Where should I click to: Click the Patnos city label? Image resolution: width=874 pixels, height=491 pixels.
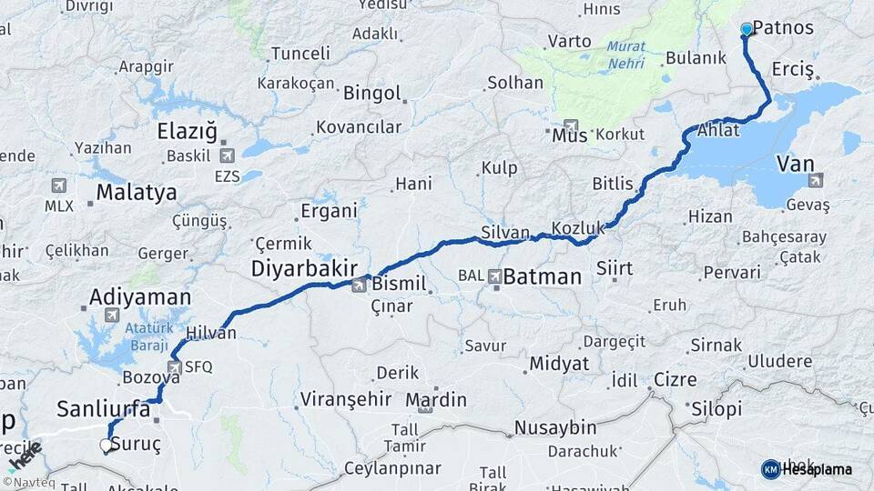coord(783,27)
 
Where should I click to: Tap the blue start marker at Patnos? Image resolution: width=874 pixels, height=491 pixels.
coord(747,29)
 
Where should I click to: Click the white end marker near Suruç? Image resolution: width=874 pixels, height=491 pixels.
coord(106,446)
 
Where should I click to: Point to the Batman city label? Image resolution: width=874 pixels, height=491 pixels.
coord(543,276)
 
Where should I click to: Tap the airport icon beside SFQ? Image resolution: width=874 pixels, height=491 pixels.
coord(174,367)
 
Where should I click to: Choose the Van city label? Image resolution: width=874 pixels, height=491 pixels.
coord(795,164)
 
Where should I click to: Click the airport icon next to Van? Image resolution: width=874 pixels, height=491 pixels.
coord(815,180)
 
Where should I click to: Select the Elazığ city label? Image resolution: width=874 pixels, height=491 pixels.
coord(188,131)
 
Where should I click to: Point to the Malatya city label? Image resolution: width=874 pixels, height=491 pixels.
coord(137,193)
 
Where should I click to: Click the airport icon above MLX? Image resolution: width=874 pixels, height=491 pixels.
coord(59,185)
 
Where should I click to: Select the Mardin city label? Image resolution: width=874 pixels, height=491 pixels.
coord(436,399)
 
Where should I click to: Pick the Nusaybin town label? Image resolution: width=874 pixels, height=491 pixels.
coord(555,427)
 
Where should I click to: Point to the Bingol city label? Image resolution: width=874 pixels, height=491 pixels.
coord(372,93)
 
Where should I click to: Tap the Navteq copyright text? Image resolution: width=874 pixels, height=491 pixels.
coord(28,482)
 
